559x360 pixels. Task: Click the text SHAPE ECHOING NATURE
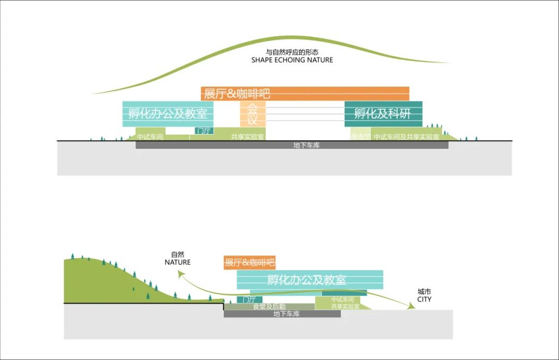(292, 60)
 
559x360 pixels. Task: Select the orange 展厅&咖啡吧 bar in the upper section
(305, 94)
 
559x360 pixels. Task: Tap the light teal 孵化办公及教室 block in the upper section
(168, 114)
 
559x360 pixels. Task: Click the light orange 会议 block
(252, 114)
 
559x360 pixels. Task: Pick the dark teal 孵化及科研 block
(383, 114)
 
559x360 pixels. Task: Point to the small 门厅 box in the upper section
(204, 131)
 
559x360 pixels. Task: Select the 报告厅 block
(361, 137)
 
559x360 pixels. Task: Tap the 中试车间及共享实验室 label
(406, 137)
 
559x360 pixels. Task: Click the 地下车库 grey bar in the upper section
(292, 146)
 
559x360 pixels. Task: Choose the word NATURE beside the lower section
(178, 262)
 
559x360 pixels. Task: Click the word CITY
(424, 299)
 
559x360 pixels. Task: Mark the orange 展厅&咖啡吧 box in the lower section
(249, 263)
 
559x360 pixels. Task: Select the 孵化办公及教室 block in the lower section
(310, 280)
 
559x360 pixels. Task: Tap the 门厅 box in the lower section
(246, 300)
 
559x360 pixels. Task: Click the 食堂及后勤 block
(269, 307)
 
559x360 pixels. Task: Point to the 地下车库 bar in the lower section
(282, 314)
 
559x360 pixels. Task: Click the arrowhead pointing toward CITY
(411, 307)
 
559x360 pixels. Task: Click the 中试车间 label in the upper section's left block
(150, 137)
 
